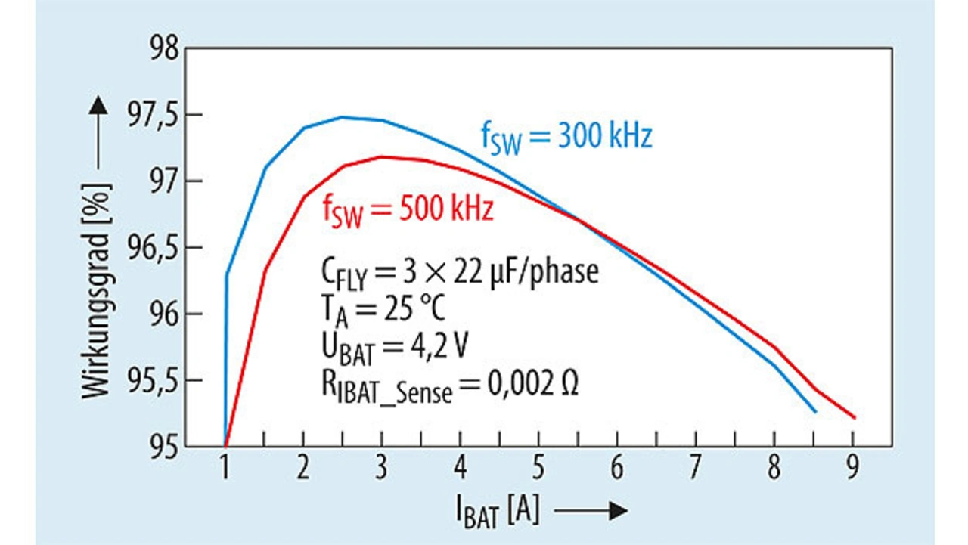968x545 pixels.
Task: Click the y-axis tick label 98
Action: (163, 50)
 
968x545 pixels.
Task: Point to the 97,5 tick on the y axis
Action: (153, 116)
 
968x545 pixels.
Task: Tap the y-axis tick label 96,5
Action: (153, 249)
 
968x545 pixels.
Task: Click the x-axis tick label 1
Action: (225, 469)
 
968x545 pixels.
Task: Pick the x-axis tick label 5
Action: (538, 469)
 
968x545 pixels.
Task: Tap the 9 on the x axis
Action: (852, 469)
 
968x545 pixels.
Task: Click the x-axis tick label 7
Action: (696, 469)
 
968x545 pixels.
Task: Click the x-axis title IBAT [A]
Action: (498, 512)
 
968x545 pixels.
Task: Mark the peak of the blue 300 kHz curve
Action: (343, 117)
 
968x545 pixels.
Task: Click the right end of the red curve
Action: (854, 417)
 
